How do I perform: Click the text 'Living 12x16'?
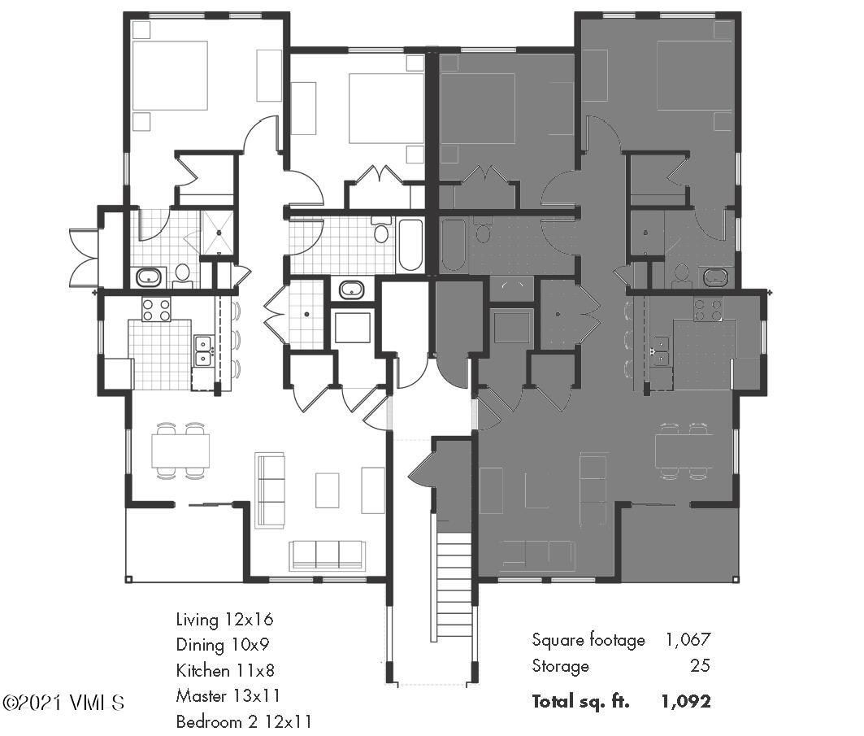point(224,620)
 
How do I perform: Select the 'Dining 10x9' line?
point(223,645)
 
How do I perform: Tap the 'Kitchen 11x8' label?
point(225,671)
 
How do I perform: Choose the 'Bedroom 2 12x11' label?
point(243,721)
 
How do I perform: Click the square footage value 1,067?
point(688,640)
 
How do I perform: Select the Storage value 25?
point(701,666)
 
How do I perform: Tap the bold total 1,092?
point(686,701)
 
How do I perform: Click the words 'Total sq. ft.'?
point(580,701)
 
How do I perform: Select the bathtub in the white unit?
point(410,245)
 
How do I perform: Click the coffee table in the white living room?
point(327,490)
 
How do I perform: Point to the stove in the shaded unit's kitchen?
point(708,308)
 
